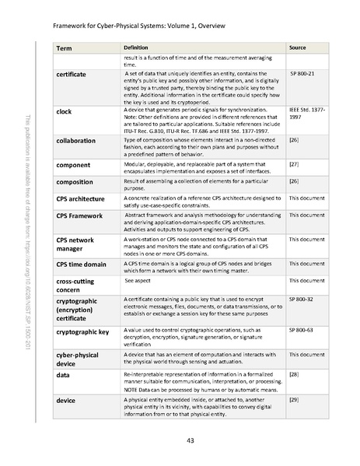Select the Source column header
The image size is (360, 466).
(297, 48)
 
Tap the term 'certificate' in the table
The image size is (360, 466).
(76, 73)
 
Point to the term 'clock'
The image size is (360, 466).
(65, 112)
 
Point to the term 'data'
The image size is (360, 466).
(63, 374)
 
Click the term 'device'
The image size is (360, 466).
(66, 399)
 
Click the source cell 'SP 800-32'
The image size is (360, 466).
(302, 299)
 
